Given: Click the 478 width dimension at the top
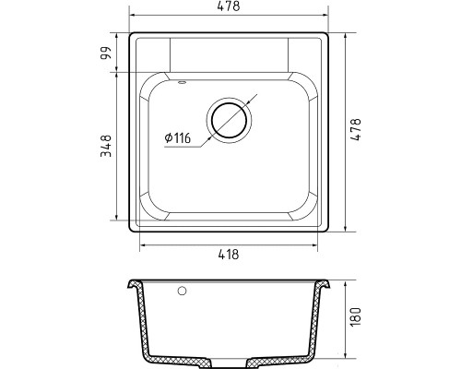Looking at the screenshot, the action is point(229,6).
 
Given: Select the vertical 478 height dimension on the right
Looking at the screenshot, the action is point(356,129).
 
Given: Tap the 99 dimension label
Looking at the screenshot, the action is point(105,54).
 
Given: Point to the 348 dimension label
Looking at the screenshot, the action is point(105,146).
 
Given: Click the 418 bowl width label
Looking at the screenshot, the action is point(229,255).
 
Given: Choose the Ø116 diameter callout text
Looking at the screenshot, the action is point(178,138).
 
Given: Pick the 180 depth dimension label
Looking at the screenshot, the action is point(356,316).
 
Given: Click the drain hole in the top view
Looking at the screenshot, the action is point(229,120).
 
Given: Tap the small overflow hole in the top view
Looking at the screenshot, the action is point(182,82).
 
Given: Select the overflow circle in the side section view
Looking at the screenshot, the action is point(182,291).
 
